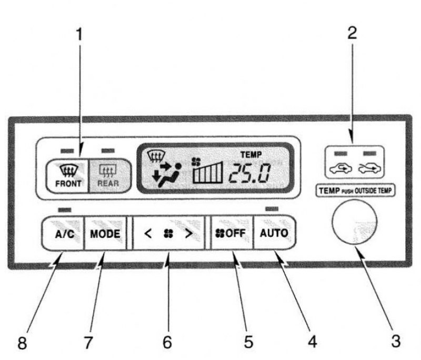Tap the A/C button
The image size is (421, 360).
click(63, 233)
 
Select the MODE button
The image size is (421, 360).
click(105, 233)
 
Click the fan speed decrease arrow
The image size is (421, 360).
click(148, 234)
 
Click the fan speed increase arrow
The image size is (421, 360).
click(189, 234)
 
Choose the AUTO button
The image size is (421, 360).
click(274, 233)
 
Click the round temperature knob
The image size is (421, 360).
click(354, 222)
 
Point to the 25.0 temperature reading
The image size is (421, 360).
click(249, 173)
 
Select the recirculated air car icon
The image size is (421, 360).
click(340, 168)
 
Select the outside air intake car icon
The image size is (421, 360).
click(370, 168)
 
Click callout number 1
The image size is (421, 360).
click(79, 34)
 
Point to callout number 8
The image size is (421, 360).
click(22, 343)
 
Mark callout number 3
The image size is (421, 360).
click(396, 341)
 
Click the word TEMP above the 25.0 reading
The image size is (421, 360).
click(251, 155)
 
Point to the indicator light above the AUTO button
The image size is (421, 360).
click(272, 209)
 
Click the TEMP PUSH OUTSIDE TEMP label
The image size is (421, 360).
click(355, 191)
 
